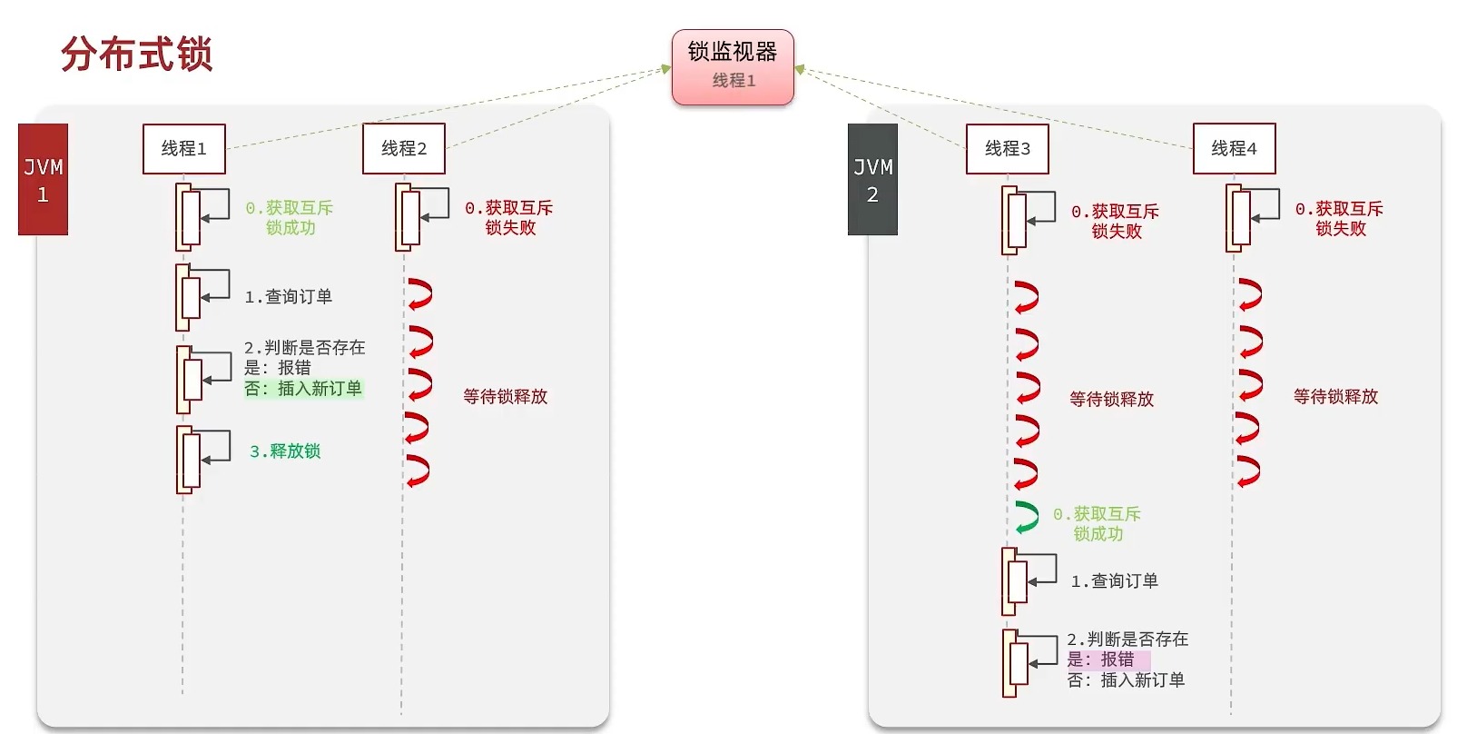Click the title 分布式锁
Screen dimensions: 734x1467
[136, 55]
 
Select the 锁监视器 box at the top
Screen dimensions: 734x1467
[733, 66]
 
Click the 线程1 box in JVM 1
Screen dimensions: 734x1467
[183, 148]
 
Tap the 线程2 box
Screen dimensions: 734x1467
[403, 148]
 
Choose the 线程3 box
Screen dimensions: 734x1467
[1007, 148]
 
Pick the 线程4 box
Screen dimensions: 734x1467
[1234, 148]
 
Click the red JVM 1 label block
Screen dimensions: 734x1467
[43, 180]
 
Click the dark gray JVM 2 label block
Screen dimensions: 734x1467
[872, 180]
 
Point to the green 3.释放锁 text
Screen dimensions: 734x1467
[285, 451]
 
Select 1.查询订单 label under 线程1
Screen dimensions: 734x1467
[289, 297]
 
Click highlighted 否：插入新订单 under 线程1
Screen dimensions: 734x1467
[303, 389]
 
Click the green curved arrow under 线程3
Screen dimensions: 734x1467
[1027, 518]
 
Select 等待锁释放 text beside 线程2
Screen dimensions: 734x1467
[505, 397]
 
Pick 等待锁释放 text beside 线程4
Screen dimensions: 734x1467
[1335, 397]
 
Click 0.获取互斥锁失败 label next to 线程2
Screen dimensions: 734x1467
[509, 218]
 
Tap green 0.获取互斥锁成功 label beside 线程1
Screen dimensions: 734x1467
[290, 218]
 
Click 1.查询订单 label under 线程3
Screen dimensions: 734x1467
[1115, 581]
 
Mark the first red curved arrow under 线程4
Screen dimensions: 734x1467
[1250, 295]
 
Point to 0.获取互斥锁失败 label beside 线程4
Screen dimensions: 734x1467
[1340, 219]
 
